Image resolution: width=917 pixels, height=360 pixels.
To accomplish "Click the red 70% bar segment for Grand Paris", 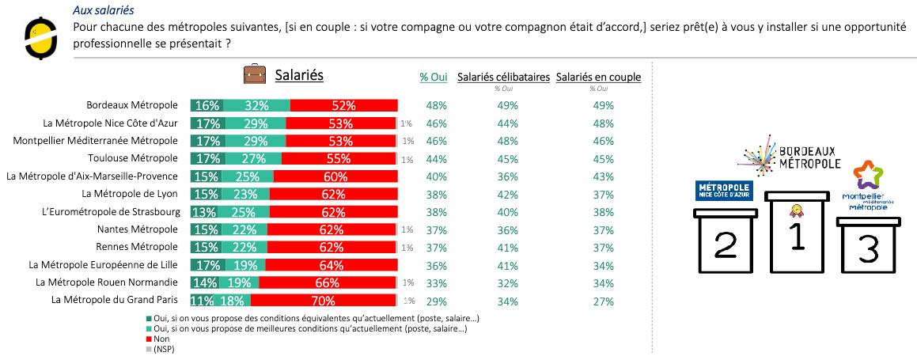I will [322, 301].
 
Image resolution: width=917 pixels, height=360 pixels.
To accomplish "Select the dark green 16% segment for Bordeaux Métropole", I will [207, 105].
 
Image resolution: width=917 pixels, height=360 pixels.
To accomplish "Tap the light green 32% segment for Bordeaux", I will [257, 105].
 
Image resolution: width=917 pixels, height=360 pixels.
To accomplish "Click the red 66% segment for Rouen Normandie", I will [327, 282].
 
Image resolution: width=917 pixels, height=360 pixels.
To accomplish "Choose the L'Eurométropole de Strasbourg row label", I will [111, 211].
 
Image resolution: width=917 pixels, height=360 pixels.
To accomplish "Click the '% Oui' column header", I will [434, 77].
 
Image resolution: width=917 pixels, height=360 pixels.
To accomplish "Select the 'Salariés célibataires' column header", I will [503, 77].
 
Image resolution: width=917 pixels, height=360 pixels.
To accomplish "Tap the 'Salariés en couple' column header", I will [598, 77].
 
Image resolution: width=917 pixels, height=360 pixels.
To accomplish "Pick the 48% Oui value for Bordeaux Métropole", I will [437, 105].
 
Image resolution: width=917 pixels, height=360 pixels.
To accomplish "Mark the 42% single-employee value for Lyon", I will [507, 194].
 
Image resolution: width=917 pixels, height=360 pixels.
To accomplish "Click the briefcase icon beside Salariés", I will [255, 75].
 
